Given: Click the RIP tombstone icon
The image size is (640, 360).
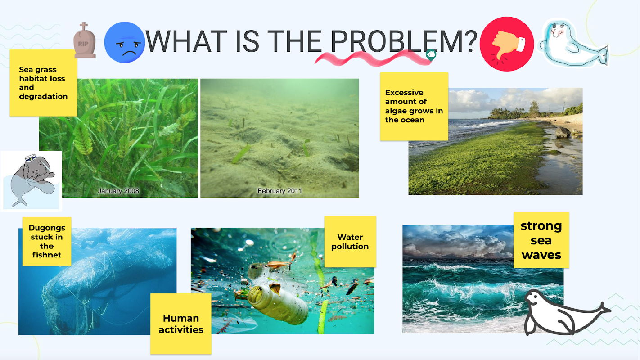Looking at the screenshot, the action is click(x=84, y=40).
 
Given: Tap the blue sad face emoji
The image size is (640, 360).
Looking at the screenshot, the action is click(x=125, y=42).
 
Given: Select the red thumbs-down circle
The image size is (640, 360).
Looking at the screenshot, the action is click(x=507, y=44).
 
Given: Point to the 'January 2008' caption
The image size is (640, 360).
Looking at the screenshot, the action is click(x=118, y=191).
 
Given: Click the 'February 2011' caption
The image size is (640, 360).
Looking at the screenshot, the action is click(x=279, y=191).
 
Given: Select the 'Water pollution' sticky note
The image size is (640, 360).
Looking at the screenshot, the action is click(x=350, y=242).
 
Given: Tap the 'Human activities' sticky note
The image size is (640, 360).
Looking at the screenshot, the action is click(x=181, y=324).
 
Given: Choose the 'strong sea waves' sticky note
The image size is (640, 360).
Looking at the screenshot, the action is click(x=541, y=240).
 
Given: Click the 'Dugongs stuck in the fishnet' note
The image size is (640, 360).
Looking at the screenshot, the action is click(x=47, y=241).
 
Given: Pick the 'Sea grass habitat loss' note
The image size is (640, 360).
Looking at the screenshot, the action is click(x=43, y=83).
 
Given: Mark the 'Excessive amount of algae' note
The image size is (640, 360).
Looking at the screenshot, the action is click(x=414, y=106).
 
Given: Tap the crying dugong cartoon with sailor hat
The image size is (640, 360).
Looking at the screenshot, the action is click(x=32, y=181).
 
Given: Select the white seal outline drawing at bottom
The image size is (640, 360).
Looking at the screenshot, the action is click(x=564, y=313).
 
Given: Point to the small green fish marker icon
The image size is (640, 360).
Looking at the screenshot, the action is click(x=431, y=54).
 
